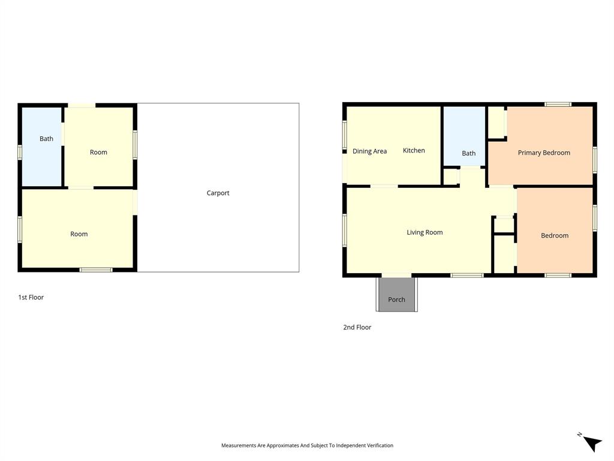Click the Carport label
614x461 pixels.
pos(218,193)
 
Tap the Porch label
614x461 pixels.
pos(396,300)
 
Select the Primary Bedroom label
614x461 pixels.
pos(544,153)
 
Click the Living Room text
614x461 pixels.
pos(425,233)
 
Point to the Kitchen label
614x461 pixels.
pos(414,151)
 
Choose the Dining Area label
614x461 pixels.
pos(369,151)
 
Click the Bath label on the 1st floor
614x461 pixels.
pos(46,139)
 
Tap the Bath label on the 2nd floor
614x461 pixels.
pos(468,154)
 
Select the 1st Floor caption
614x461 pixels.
pos(31,297)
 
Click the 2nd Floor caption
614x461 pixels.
pos(357,327)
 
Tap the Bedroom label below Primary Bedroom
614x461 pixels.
pos(555,236)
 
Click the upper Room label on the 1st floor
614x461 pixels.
pos(98,152)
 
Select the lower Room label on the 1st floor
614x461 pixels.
pos(79,234)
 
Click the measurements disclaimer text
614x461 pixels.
pos(307,445)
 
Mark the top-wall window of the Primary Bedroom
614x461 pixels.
pos(558,104)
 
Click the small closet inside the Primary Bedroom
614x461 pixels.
pos(496,122)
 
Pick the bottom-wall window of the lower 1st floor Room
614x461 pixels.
pos(96,270)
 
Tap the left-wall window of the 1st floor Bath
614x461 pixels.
pos(20,152)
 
